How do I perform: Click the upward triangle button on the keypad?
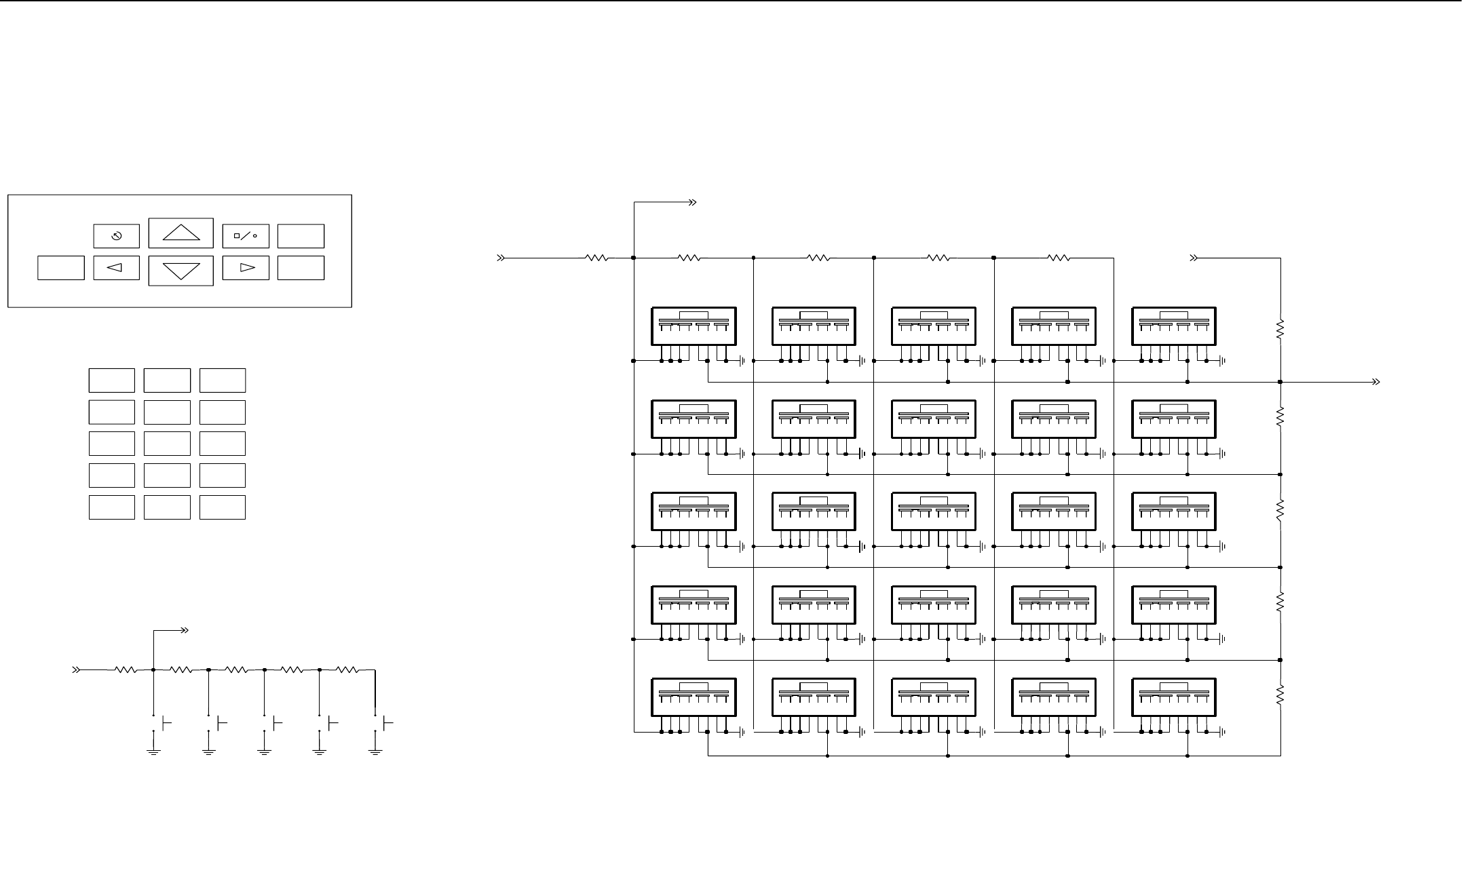pyautogui.click(x=181, y=233)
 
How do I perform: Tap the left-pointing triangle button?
pyautogui.click(x=116, y=268)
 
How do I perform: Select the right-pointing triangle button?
pyautogui.click(x=246, y=268)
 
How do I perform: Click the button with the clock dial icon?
pyautogui.click(x=116, y=236)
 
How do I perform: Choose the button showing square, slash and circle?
pyautogui.click(x=246, y=236)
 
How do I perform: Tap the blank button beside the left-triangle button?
pyautogui.click(x=61, y=268)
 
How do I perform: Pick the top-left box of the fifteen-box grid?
pyautogui.click(x=111, y=381)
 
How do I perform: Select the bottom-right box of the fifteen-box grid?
pyautogui.click(x=223, y=507)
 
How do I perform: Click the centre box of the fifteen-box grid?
pyautogui.click(x=167, y=444)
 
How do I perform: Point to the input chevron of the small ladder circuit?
pyautogui.click(x=77, y=670)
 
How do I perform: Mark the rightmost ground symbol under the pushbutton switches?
pyautogui.click(x=375, y=752)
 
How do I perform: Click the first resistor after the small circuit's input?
pyautogui.click(x=126, y=670)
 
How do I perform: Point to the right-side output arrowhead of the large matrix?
pyautogui.click(x=1375, y=382)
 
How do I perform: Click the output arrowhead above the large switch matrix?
pyautogui.click(x=693, y=202)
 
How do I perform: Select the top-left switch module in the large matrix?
pyautogui.click(x=693, y=326)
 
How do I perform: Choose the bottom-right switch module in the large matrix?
pyautogui.click(x=1174, y=697)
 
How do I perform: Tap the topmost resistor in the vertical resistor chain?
pyautogui.click(x=1280, y=330)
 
